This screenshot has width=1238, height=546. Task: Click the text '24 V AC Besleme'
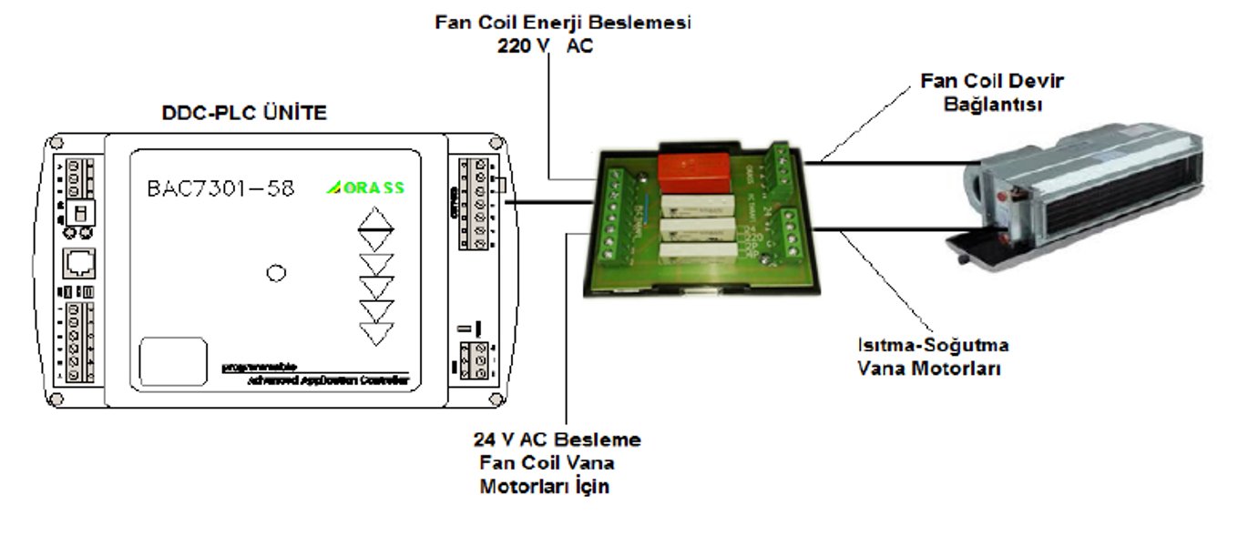557,440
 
